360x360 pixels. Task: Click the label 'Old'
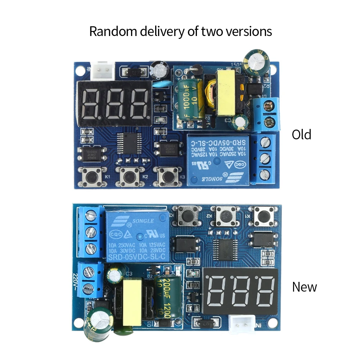301,135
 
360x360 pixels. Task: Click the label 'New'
304,287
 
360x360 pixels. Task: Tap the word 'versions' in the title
249,32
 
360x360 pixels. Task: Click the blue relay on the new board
137,236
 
